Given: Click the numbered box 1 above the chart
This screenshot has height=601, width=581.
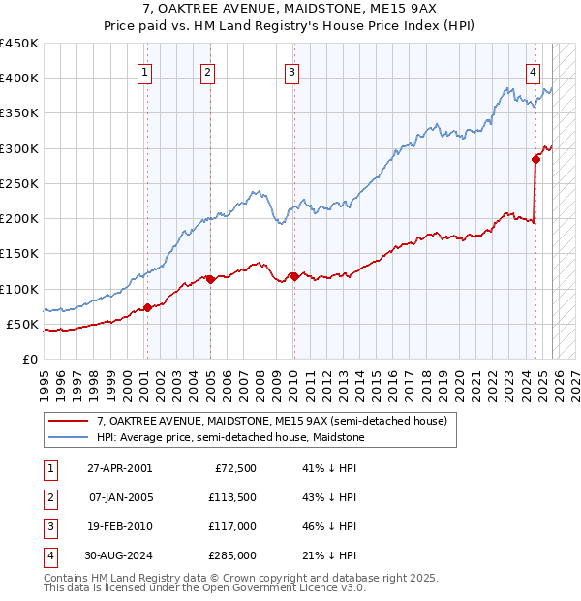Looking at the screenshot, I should [144, 71].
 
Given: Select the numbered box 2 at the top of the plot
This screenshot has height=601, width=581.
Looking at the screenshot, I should [207, 71].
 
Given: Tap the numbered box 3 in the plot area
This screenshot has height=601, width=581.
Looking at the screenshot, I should [291, 71].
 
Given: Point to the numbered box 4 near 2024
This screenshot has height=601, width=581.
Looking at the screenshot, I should [534, 71].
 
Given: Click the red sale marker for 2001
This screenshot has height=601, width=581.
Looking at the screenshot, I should [147, 308].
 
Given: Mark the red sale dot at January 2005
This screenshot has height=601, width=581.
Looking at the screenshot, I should [209, 279].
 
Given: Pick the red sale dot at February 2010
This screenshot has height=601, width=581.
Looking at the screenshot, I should [293, 277].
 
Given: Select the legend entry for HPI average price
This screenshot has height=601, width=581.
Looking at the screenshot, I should [230, 438].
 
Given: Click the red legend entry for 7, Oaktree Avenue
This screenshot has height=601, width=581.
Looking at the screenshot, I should [271, 422].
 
